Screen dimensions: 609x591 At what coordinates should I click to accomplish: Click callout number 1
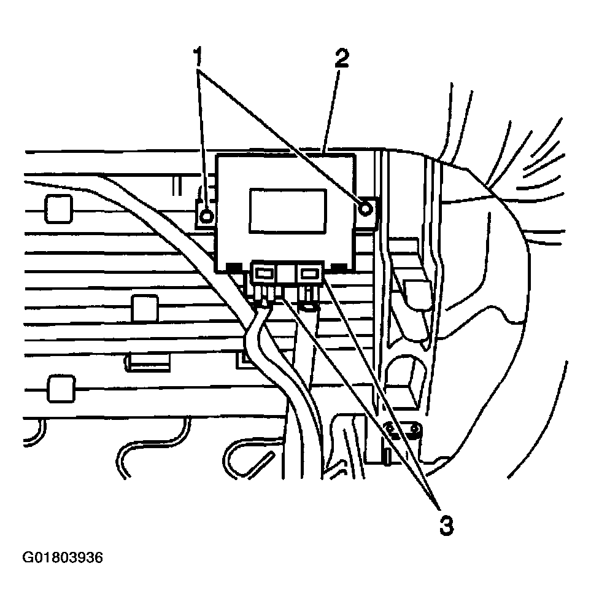pos(198,58)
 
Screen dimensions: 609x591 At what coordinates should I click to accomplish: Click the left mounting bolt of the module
pos(207,215)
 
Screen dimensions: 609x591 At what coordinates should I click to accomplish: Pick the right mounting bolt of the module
pos(366,209)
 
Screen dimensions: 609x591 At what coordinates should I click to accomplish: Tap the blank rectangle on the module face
pos(287,210)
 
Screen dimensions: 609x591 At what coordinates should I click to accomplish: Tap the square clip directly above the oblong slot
pos(145,307)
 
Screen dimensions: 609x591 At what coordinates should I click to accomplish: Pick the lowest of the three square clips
pos(60,389)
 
